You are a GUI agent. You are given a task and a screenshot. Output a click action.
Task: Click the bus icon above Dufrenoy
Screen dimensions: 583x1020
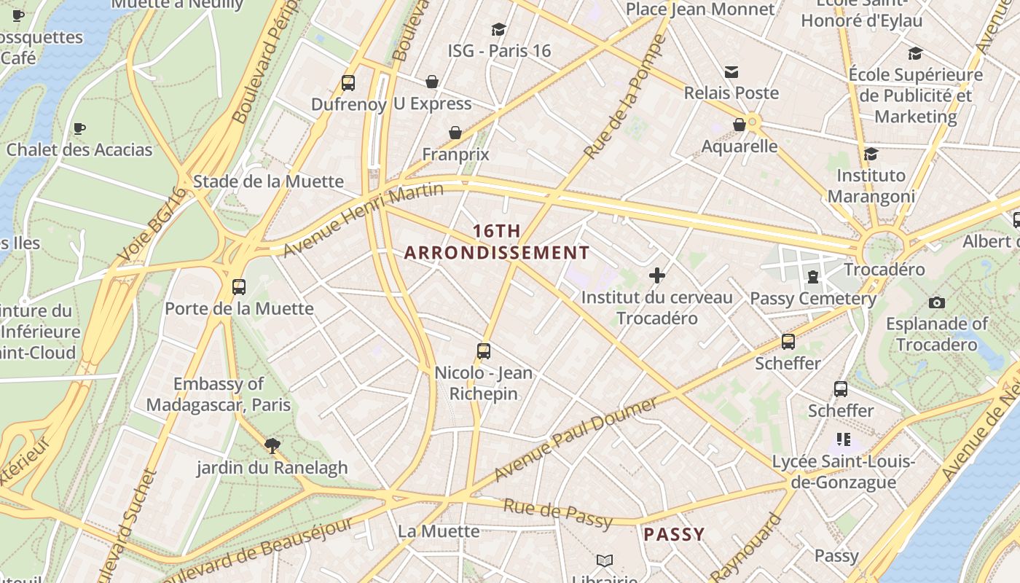coord(348,83)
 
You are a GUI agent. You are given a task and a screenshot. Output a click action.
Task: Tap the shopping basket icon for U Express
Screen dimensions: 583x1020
coord(432,82)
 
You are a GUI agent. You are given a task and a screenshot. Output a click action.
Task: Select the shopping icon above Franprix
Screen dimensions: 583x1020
coord(455,133)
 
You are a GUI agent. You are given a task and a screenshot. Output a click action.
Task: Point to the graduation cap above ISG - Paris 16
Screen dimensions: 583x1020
coord(499,29)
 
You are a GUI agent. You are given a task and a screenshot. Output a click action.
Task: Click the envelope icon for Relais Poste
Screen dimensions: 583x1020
coord(731,71)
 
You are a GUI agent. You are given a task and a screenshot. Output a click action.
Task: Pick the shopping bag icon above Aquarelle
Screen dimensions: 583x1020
coord(739,125)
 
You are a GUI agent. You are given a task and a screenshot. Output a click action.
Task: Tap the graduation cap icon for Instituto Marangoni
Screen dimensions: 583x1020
coord(871,154)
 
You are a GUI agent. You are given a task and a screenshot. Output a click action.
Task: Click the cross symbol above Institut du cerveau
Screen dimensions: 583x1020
coord(657,275)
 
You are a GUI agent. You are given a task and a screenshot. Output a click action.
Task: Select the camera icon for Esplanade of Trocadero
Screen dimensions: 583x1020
coord(937,302)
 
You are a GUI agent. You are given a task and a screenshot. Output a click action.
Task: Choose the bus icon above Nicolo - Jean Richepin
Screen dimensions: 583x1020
coord(484,351)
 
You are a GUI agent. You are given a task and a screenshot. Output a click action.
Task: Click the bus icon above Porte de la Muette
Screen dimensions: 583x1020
coord(239,287)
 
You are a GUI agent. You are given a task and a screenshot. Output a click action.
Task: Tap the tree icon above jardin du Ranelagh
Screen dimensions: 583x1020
coord(272,445)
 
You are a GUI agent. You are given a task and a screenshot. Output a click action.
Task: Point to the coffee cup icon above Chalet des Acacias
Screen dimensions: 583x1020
coord(79,129)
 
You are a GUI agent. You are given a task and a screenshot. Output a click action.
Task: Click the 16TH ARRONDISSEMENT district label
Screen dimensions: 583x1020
coord(497,242)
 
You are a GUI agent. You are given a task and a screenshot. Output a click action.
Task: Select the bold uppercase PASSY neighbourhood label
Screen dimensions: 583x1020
coord(674,534)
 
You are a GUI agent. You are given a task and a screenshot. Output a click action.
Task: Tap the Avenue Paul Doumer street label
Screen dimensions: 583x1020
coord(576,439)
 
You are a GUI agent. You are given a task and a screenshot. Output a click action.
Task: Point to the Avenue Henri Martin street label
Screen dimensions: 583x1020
coord(363,220)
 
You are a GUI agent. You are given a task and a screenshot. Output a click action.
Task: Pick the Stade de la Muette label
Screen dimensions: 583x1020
coord(268,181)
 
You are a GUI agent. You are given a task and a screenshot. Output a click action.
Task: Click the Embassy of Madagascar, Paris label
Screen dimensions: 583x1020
coord(218,394)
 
